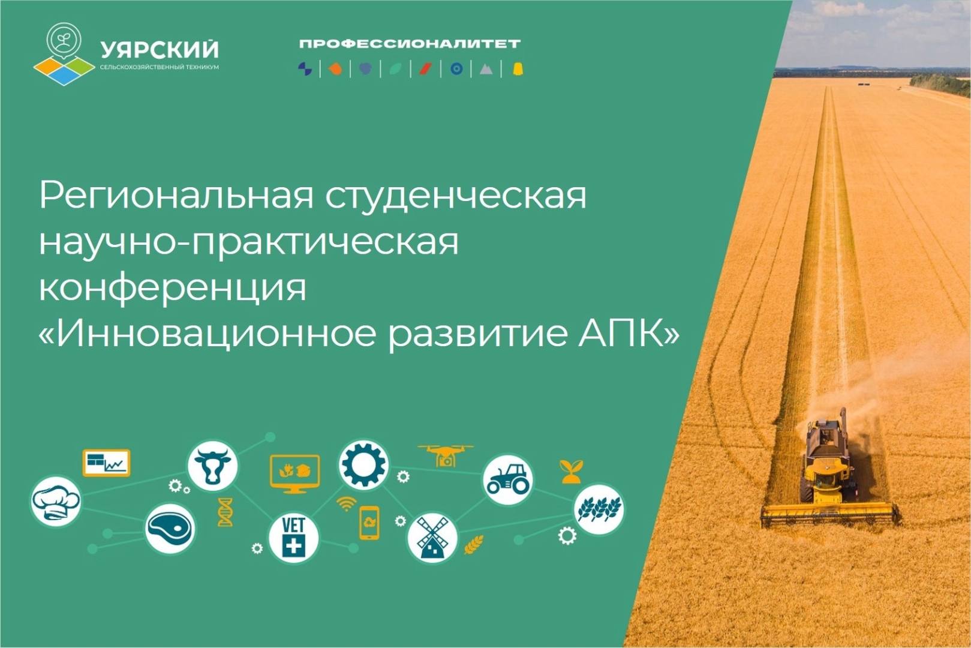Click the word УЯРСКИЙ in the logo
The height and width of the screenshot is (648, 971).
coord(160,49)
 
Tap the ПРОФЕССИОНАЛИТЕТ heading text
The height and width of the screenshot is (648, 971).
coord(410,43)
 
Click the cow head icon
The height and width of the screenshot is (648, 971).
coord(212,466)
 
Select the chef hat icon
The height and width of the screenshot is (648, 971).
coord(56,502)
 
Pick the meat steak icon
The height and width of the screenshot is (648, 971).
coord(170,529)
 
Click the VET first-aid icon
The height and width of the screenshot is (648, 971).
coord(293,538)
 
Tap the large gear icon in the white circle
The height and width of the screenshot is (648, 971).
coord(363,464)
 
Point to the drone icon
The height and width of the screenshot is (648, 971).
coord(445,455)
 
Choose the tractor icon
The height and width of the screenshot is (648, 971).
coord(508,479)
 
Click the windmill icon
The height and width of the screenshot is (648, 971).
coord(432,538)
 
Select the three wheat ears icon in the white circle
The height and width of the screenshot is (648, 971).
coord(600,509)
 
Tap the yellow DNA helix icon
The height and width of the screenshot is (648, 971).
coord(226,512)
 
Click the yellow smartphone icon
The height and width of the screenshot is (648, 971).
coord(369,523)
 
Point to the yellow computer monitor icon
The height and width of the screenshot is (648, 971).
coord(294,474)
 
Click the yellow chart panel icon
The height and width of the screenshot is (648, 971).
coord(106,463)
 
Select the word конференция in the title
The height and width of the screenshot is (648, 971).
coord(173,287)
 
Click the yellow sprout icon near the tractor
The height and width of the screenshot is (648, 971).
coord(572,472)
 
